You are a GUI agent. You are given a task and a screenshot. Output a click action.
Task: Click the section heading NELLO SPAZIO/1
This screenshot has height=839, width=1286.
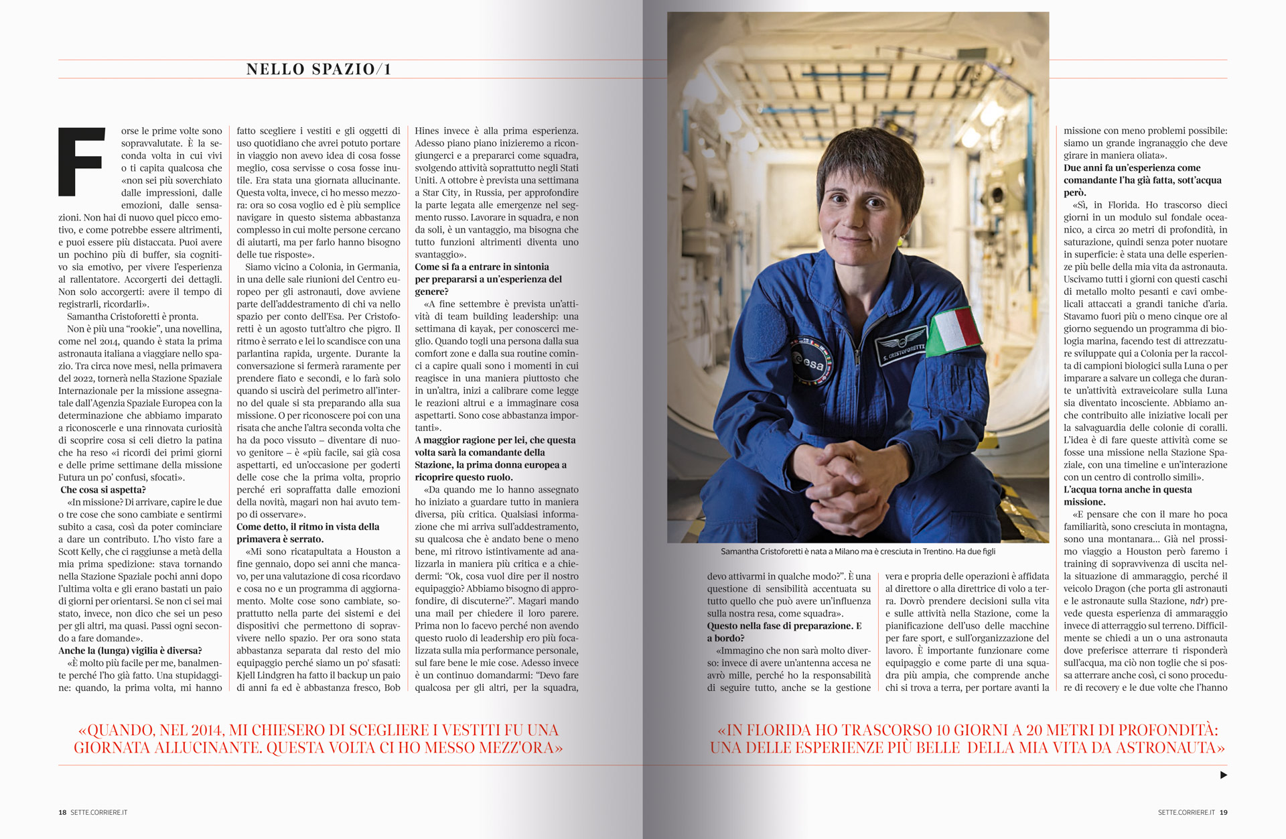click(x=318, y=69)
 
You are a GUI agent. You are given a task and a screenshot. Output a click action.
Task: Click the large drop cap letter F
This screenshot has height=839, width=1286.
click(x=82, y=162)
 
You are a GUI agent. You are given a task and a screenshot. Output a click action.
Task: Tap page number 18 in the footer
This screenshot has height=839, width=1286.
click(x=62, y=812)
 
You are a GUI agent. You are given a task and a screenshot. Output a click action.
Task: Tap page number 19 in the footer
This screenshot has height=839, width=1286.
click(x=1223, y=812)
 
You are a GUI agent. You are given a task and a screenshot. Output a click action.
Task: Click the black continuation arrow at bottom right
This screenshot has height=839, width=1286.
click(x=1223, y=775)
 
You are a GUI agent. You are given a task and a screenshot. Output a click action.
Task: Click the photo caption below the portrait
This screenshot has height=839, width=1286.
click(x=857, y=552)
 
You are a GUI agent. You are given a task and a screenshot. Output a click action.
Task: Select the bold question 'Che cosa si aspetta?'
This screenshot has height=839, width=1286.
click(x=102, y=490)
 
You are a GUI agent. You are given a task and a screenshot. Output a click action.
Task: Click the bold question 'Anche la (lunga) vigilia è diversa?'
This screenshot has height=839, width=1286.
click(x=130, y=651)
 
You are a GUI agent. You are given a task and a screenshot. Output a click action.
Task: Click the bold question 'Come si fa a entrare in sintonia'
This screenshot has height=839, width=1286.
click(x=482, y=267)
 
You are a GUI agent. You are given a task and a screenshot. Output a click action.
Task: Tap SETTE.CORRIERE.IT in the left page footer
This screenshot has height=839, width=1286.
click(x=98, y=812)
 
